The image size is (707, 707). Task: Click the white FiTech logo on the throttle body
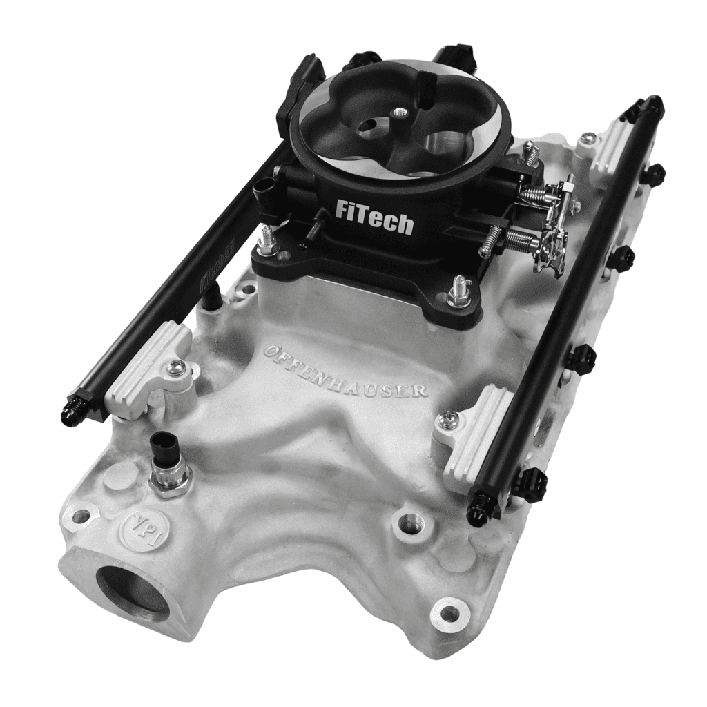click(x=374, y=216)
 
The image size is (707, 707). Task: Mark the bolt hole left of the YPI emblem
click(x=81, y=515)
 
